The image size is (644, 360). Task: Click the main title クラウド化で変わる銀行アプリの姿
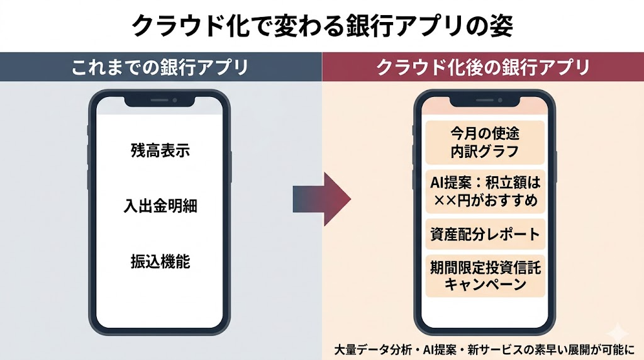point(322,25)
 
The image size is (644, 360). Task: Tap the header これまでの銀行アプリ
point(160,67)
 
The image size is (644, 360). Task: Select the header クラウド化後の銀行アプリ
point(483,67)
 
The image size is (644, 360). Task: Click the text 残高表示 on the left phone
point(160,151)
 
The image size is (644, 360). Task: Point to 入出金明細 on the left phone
point(160,206)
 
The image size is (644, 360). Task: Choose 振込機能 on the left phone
point(160,261)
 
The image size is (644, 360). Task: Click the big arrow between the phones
point(321,200)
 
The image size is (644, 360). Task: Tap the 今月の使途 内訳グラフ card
point(484,142)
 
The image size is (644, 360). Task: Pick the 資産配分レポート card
point(484,234)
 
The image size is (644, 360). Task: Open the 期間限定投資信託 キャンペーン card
point(484,276)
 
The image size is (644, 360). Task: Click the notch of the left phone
point(160,101)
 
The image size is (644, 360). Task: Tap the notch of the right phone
point(484,101)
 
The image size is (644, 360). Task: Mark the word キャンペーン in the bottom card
point(484,284)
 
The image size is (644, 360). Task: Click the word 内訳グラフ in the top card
point(484,151)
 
